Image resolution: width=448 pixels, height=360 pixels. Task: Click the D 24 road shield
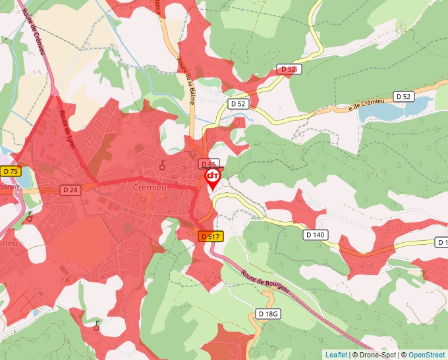[70, 190]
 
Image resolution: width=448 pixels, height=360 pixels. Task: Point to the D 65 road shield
[208, 164]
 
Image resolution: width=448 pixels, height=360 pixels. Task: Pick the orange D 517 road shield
[210, 236]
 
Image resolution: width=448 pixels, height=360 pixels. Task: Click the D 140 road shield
[316, 234]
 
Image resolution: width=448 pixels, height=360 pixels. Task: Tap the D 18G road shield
[269, 314]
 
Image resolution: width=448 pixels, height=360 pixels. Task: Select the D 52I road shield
[289, 69]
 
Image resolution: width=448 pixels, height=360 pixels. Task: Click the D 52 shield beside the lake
[403, 97]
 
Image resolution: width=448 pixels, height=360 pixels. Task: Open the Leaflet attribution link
[335, 355]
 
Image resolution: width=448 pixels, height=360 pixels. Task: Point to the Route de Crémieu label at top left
[35, 32]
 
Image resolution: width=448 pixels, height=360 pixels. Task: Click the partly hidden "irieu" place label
[8, 243]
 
